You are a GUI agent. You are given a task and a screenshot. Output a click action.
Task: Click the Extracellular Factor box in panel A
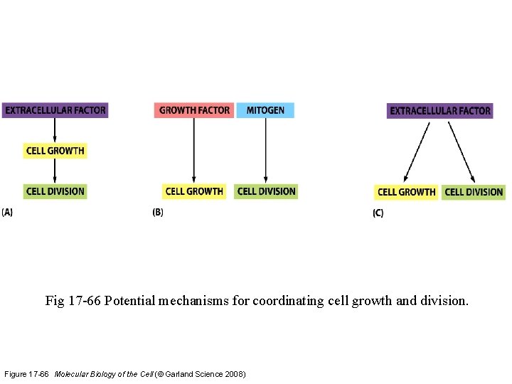tap(55, 110)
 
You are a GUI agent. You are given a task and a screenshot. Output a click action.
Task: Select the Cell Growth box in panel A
tap(55, 151)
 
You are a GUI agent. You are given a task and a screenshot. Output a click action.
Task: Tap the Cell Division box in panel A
tap(55, 191)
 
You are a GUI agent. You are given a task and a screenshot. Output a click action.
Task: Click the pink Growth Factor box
tap(194, 110)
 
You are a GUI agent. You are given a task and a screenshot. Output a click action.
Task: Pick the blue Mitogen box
tap(265, 110)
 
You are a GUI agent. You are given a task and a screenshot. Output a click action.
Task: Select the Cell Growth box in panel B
tap(194, 191)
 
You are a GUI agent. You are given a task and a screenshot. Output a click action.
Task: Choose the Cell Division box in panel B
tap(266, 191)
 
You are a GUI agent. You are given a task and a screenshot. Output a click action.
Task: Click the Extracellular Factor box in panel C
tap(440, 111)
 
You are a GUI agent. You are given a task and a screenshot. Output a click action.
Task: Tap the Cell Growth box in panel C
tap(406, 192)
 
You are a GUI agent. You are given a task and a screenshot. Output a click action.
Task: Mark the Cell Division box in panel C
tap(474, 192)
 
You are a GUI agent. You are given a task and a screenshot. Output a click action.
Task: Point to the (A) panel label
tap(7, 212)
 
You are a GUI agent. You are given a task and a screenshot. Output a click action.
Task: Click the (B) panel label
tap(158, 212)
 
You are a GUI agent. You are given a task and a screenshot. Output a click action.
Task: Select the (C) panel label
tap(378, 213)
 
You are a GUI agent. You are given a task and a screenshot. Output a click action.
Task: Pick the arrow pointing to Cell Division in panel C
tap(461, 151)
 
